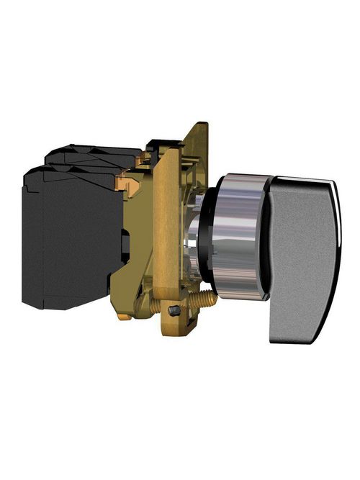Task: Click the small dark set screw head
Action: [x=175, y=311]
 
